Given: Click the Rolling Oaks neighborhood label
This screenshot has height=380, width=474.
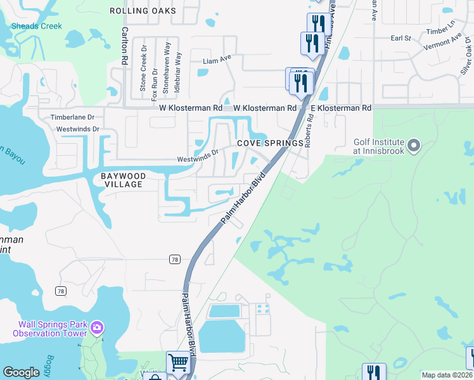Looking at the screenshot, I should (x=142, y=11).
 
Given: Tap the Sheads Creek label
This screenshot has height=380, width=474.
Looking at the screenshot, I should (x=37, y=26).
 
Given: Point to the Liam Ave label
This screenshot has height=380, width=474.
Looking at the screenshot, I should (x=217, y=61).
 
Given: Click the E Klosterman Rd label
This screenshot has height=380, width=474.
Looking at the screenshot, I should (x=340, y=108).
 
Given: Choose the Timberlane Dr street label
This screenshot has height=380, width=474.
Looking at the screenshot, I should (x=72, y=117).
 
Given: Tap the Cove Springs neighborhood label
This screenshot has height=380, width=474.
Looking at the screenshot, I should (x=270, y=143).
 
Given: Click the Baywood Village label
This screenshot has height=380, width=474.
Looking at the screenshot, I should (x=124, y=180).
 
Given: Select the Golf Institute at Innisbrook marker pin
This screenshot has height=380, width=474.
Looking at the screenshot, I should (x=414, y=146).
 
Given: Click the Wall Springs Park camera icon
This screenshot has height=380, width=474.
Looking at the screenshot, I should (x=97, y=328).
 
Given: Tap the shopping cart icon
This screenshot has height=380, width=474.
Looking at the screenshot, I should (x=179, y=362).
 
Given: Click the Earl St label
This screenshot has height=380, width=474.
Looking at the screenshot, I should (x=401, y=39).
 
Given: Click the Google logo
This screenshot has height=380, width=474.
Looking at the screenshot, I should (x=21, y=372).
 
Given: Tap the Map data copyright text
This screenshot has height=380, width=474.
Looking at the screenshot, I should (x=447, y=375).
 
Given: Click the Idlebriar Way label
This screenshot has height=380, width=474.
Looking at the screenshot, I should (x=178, y=75).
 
